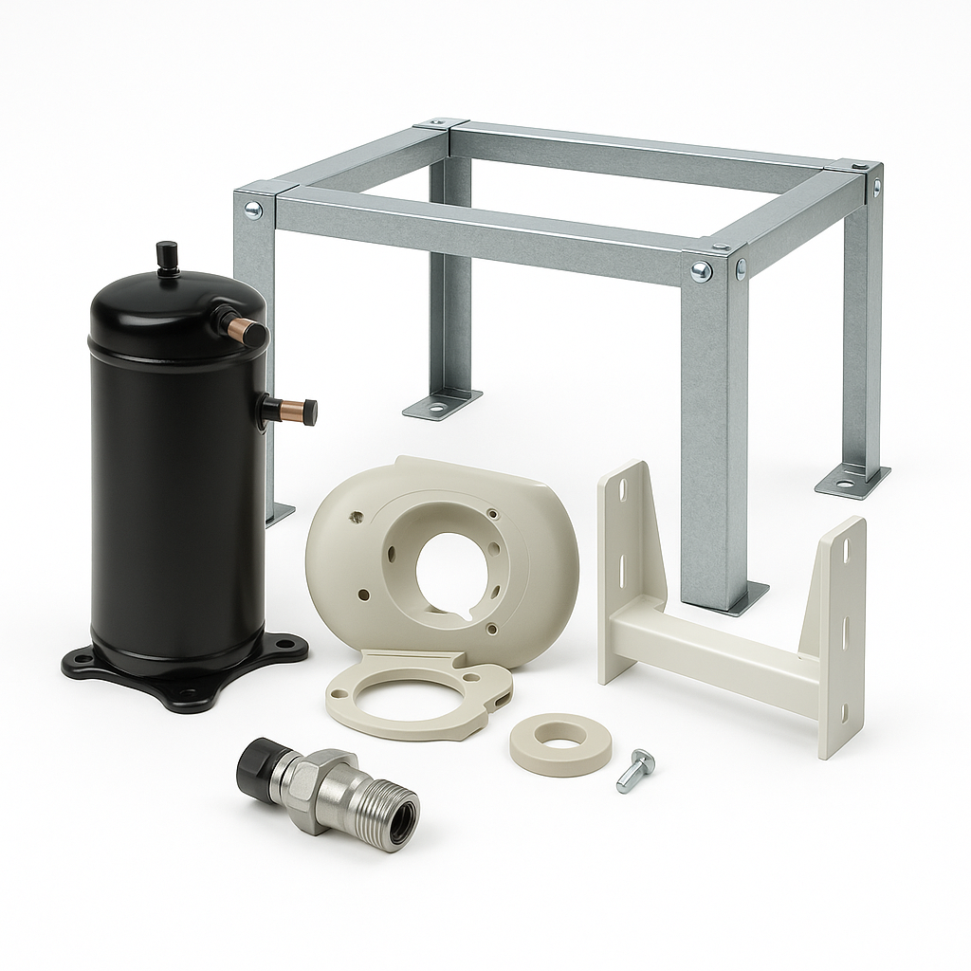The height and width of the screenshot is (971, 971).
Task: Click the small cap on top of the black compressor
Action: coord(168,256)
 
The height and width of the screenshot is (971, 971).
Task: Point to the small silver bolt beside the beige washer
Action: coord(634,769)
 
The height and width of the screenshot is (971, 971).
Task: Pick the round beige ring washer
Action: coord(560,743)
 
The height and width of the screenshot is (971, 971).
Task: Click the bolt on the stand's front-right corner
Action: coord(701,272)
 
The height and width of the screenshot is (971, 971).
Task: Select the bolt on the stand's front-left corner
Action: coord(252,210)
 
